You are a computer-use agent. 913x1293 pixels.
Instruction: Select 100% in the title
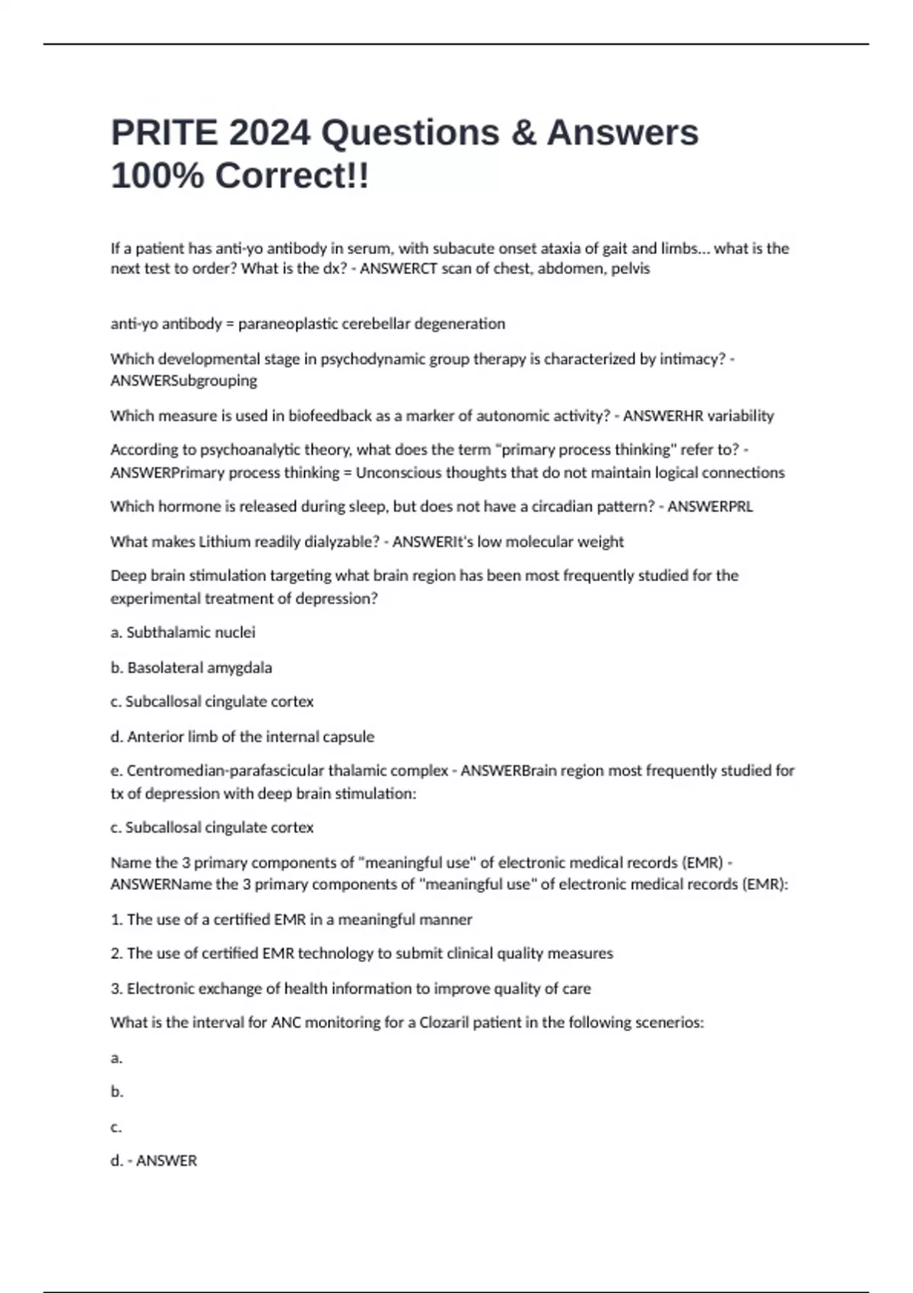point(157,176)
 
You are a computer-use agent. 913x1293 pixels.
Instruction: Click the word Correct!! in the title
point(292,176)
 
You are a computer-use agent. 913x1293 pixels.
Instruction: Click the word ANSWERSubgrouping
point(183,380)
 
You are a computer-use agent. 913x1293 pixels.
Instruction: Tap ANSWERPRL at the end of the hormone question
point(710,507)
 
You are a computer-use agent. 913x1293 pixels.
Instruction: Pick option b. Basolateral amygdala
point(191,668)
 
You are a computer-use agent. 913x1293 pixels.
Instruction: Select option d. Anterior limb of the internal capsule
point(242,737)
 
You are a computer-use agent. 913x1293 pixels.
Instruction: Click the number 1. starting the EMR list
point(117,920)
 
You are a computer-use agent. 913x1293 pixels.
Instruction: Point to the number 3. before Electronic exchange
point(117,989)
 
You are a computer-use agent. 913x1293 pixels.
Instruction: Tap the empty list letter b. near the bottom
point(117,1092)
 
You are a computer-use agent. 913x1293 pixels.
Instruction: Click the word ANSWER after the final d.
point(166,1161)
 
